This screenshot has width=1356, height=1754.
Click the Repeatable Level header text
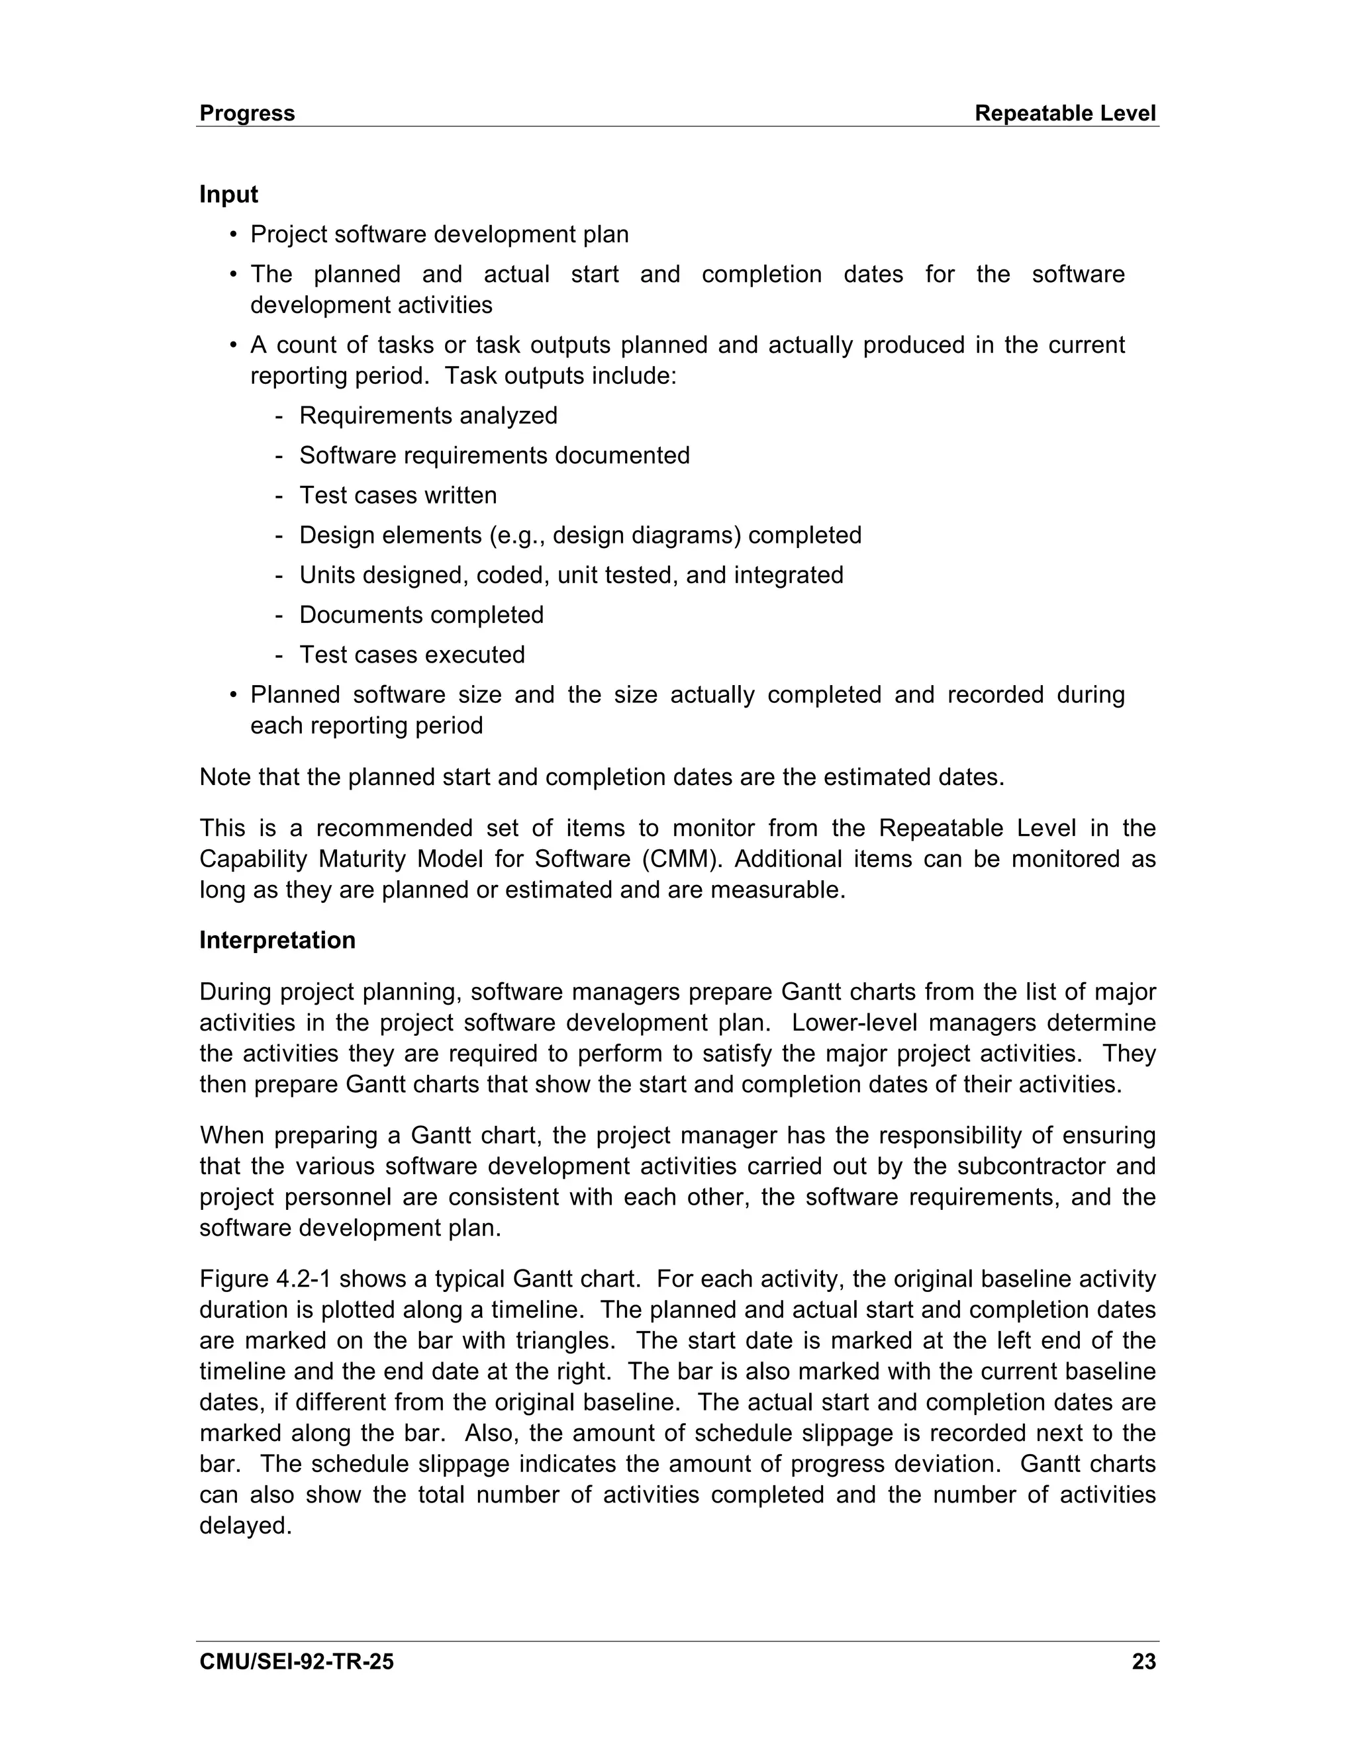pos(1065,113)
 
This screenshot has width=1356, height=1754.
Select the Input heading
pos(228,195)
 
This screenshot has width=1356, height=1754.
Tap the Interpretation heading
pos(277,941)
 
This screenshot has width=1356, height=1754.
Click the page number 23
pos(1143,1661)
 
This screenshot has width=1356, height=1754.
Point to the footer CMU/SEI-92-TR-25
pos(297,1661)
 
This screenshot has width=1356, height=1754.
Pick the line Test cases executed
pos(411,655)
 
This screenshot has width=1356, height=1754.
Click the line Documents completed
pos(421,614)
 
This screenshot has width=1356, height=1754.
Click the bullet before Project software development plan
pos(233,234)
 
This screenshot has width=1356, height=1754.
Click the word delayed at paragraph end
pos(244,1525)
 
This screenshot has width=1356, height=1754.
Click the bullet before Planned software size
pos(233,695)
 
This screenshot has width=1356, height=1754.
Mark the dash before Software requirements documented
pos(279,455)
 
